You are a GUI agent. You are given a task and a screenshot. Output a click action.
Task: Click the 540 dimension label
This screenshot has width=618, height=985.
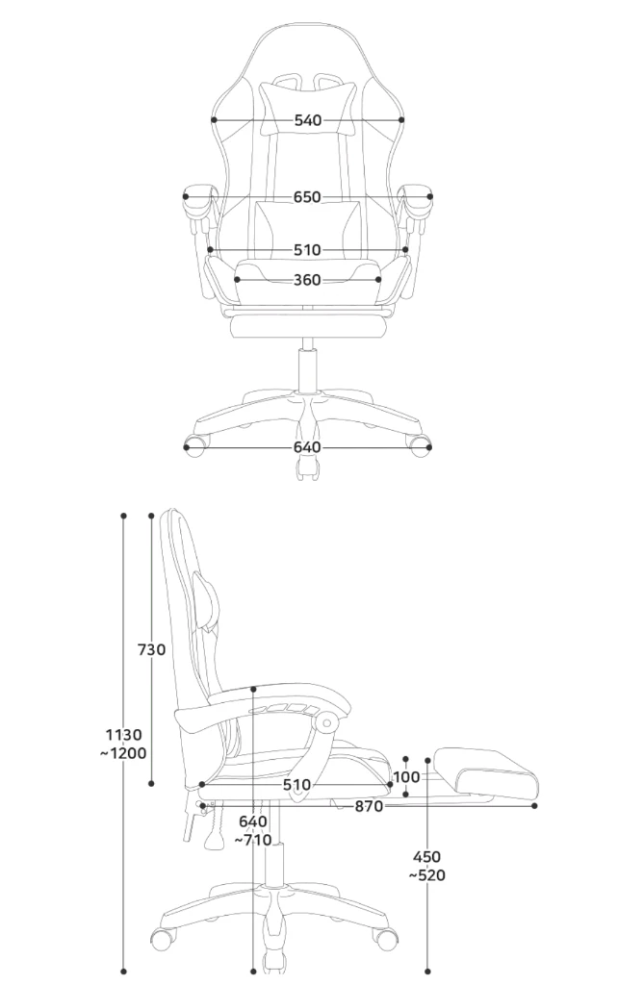(307, 120)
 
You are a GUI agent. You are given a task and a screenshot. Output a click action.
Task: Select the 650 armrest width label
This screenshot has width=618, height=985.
(307, 197)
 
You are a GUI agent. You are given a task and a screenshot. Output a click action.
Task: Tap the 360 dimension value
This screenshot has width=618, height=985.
(307, 280)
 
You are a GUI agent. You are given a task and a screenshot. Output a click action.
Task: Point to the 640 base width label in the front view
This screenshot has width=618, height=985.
(307, 447)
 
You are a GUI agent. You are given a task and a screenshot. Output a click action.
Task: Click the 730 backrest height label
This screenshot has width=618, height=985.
(151, 649)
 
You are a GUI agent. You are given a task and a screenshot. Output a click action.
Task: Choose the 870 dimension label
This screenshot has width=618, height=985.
(369, 806)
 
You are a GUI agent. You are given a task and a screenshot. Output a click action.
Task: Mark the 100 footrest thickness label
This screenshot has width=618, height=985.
(405, 777)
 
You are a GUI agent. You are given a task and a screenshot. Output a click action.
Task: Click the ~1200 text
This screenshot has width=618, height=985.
(123, 752)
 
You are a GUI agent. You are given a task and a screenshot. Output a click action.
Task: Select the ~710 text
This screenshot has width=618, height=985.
(253, 840)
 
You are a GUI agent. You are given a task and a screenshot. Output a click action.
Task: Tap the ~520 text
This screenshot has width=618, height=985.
(427, 874)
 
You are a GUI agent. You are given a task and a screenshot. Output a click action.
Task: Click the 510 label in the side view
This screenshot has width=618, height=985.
(296, 785)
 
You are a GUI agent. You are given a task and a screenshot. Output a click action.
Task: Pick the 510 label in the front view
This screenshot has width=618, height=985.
(307, 250)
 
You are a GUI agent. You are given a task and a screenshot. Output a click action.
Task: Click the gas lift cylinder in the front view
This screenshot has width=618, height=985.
(308, 370)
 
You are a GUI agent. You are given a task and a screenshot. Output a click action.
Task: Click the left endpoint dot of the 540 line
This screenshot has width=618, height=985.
(214, 120)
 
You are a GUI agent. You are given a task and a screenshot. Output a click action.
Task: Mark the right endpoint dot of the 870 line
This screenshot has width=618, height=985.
(534, 806)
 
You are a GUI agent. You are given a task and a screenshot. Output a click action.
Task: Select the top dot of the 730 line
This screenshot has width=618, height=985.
(151, 516)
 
